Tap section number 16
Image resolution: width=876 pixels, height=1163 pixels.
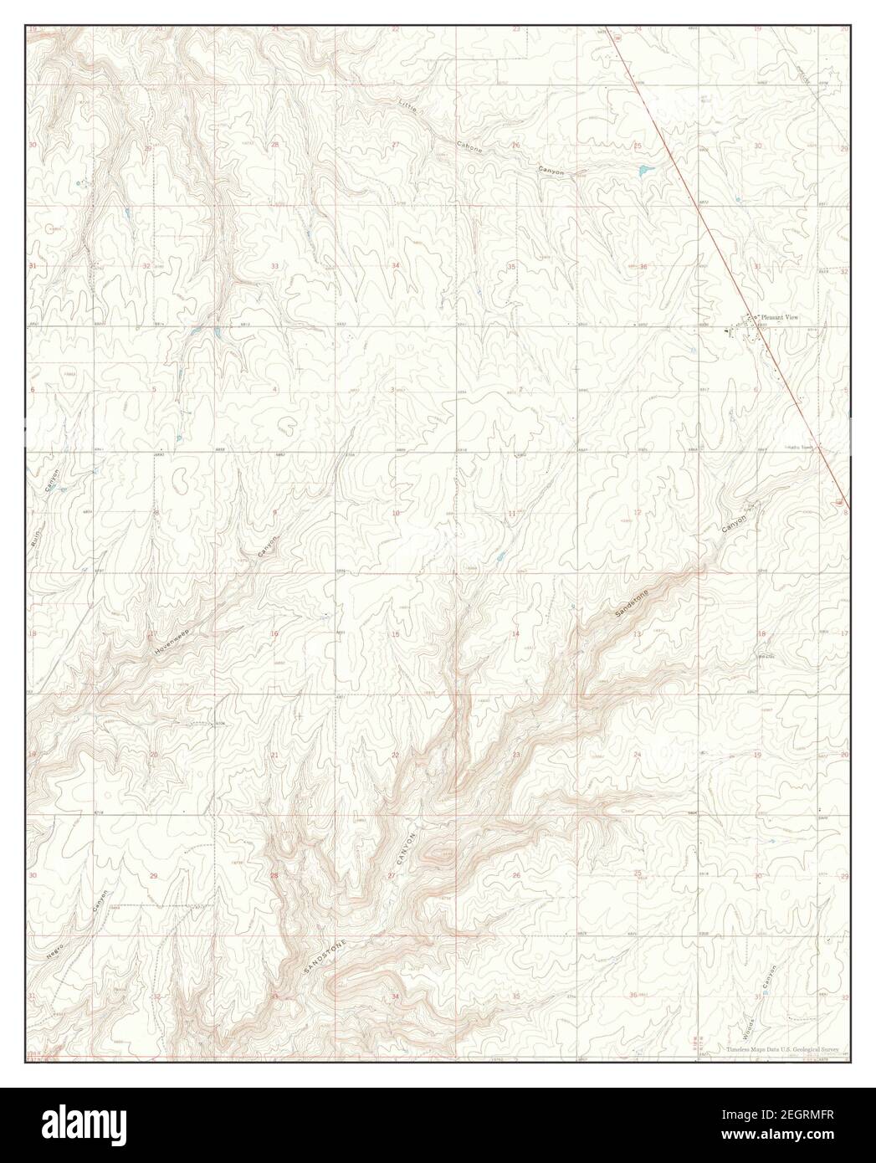[274, 634]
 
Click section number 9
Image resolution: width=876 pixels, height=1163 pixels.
[274, 512]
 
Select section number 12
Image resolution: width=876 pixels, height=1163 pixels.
[638, 512]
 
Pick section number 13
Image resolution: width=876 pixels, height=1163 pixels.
[638, 634]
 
